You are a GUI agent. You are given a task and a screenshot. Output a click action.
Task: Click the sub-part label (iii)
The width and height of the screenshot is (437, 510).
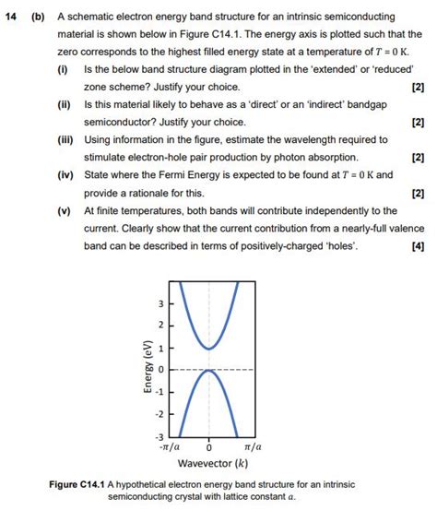65,139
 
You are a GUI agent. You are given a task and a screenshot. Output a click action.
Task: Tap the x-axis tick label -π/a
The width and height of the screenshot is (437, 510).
176,445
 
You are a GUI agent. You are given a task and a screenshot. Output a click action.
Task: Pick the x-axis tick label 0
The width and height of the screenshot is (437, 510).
209,445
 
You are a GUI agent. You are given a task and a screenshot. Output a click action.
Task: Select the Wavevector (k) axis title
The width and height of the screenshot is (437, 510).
211,463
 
